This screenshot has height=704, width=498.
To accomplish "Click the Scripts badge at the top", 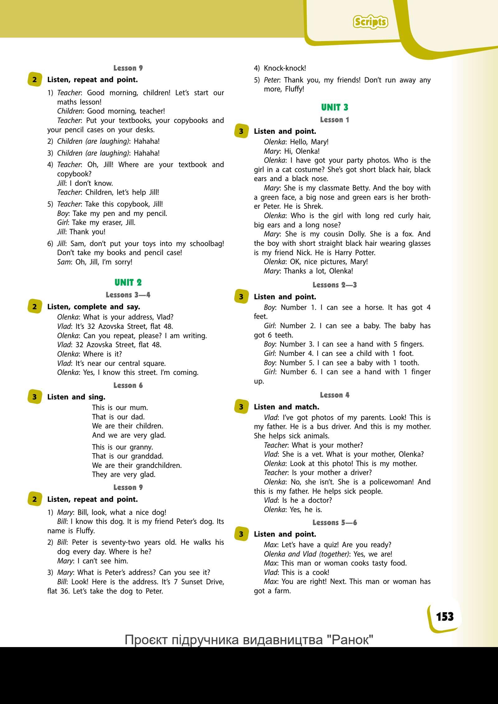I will pos(370,22).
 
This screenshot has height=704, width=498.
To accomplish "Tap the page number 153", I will pos(445,616).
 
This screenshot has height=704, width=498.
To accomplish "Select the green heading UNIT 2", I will pos(128,282).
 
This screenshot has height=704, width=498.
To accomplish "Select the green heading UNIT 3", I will pos(335,107).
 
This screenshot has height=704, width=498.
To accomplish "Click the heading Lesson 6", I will pos(128,385).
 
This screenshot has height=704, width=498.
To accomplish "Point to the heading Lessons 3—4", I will pos(128,295).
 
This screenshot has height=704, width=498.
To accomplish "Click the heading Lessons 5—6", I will pos(335,523).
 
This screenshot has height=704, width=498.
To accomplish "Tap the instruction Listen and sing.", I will pos(76,397).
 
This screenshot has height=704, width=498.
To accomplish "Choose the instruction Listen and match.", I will pos(286,407).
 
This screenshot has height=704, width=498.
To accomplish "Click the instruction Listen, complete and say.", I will pos(94,307).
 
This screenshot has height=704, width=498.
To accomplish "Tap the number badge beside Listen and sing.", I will pos(34,397).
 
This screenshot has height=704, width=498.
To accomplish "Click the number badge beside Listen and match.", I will pos(241,407).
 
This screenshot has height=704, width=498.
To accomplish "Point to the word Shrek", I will pos(313,206).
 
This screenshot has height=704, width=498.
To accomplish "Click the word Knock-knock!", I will pos(285,68).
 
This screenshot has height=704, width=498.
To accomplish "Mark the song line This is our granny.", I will pos(122,447).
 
